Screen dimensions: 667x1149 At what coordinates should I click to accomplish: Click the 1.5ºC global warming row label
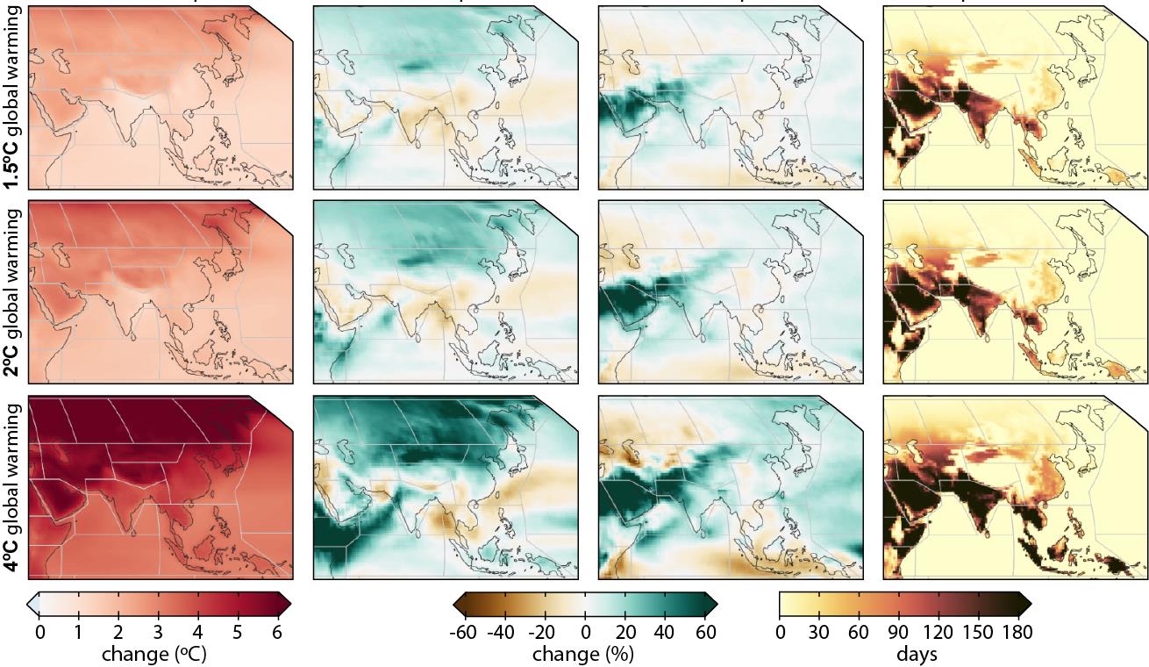click(14, 98)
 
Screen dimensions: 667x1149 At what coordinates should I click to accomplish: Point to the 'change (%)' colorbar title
click(585, 654)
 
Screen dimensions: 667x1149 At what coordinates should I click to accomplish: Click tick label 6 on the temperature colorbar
click(278, 632)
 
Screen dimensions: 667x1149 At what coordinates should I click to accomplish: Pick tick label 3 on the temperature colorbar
click(158, 632)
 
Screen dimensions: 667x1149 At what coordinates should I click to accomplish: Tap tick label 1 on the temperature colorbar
click(78, 632)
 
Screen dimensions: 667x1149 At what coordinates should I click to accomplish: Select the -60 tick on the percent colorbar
click(464, 632)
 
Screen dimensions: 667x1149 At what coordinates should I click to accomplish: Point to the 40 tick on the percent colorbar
click(665, 632)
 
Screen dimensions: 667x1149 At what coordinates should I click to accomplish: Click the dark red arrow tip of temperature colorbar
click(285, 604)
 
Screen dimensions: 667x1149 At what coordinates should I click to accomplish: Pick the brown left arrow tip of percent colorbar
click(458, 604)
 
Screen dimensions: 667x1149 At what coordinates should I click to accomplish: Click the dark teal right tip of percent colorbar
click(711, 604)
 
